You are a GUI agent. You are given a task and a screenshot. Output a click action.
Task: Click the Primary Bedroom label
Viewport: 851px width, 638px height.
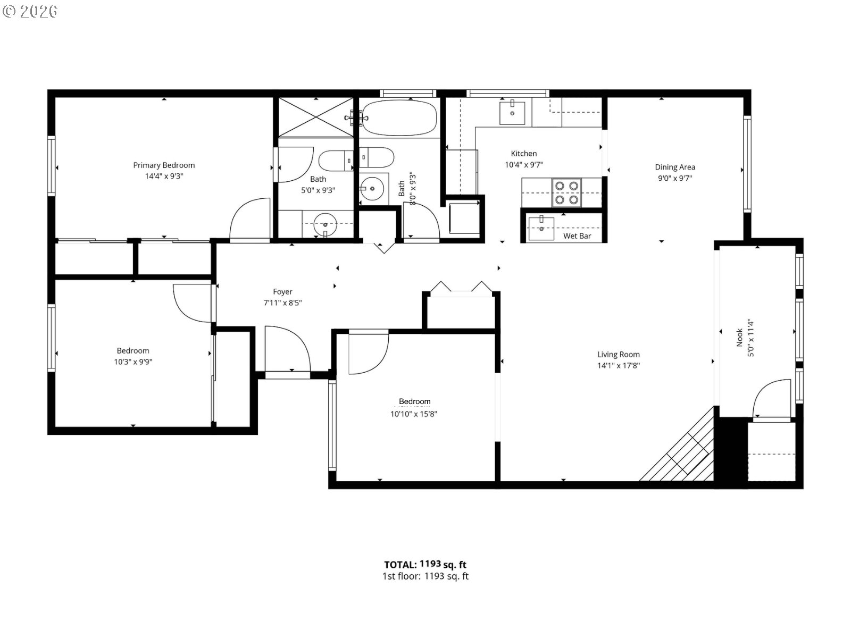point(164,165)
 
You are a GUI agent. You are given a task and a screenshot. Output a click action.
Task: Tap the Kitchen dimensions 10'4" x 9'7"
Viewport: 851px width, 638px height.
point(523,165)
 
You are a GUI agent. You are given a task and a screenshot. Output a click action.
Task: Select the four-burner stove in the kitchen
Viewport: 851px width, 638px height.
point(566,192)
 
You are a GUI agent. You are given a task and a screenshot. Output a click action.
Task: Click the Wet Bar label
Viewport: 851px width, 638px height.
point(577,236)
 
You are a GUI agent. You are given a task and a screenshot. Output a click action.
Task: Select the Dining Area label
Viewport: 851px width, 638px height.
point(674,167)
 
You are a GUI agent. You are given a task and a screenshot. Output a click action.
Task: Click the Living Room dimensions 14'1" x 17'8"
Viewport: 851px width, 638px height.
point(618,365)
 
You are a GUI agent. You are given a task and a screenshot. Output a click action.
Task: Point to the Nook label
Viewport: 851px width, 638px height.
point(739,337)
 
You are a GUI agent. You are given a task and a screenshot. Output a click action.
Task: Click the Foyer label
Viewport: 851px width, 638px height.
point(282,291)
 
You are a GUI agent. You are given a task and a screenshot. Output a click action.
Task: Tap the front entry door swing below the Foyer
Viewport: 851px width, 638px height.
point(287,348)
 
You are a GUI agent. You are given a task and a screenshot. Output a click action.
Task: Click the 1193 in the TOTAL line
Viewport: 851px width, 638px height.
point(430,564)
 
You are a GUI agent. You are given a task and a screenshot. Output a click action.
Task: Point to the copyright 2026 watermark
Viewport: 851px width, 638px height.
point(30,11)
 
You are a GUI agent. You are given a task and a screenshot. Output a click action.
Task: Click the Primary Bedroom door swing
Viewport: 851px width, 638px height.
point(250,219)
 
